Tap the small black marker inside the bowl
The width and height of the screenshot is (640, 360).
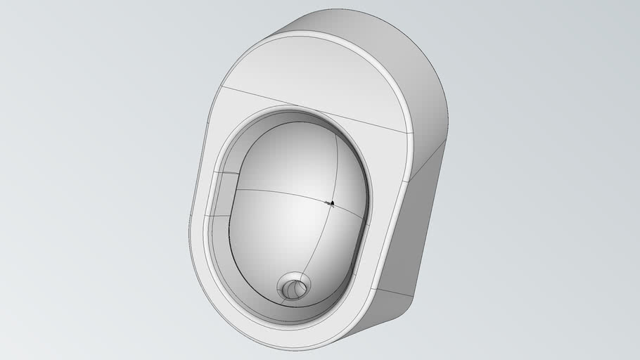pyautogui.click(x=332, y=203)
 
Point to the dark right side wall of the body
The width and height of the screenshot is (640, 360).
pyautogui.click(x=415, y=232)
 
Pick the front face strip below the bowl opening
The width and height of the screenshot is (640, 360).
pyautogui.click(x=295, y=335)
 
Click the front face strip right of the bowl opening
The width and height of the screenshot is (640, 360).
pyautogui.click(x=383, y=211)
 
